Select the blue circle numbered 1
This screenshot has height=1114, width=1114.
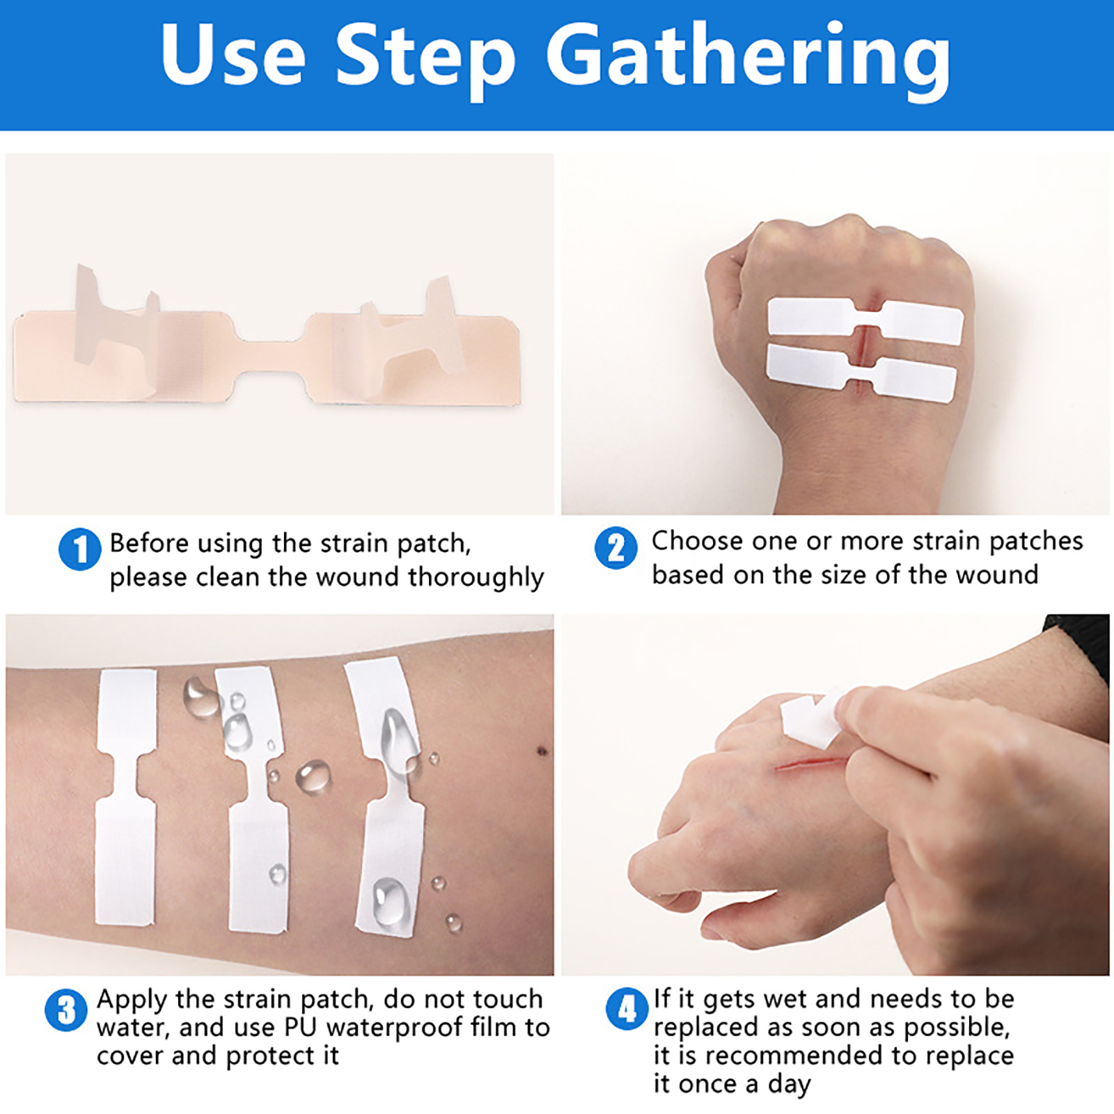(79, 549)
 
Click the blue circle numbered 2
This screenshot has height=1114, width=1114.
(615, 547)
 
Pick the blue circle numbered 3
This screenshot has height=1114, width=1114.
(66, 1010)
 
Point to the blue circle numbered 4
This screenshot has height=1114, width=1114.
(627, 1009)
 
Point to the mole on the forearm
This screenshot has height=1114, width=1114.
(542, 751)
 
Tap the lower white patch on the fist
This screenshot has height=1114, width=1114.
(862, 373)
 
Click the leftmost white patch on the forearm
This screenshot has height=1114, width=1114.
(125, 798)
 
